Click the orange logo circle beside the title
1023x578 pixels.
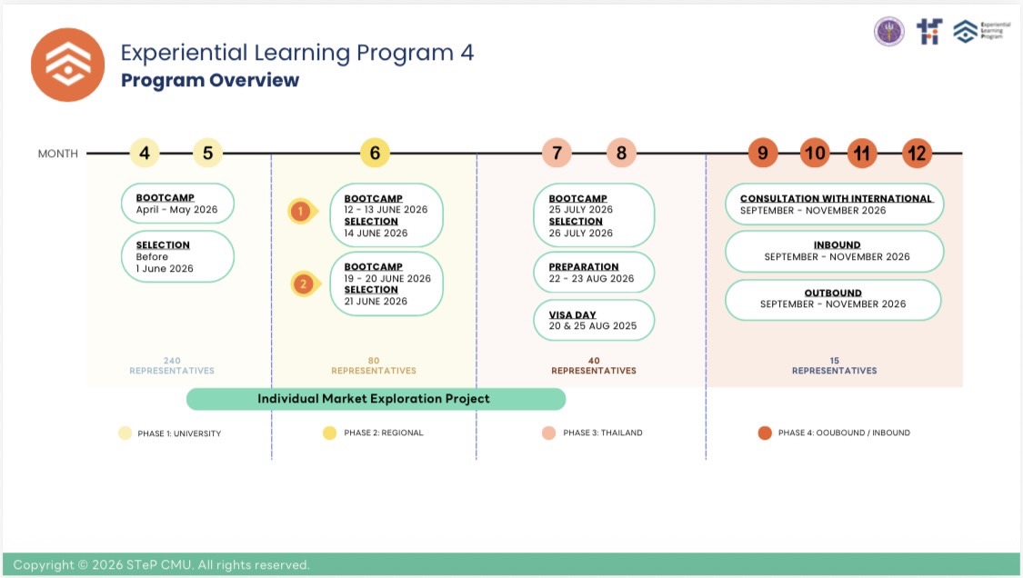coord(68,65)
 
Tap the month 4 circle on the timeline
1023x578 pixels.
coord(145,154)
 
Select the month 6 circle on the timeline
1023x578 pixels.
coord(375,154)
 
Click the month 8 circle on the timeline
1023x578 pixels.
coord(621,154)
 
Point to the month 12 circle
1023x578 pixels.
coord(917,154)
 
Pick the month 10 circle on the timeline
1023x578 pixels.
coord(815,154)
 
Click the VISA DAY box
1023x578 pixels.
coord(594,320)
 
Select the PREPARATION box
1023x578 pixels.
coord(594,273)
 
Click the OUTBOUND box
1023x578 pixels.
coord(833,299)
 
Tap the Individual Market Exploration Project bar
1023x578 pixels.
coord(375,399)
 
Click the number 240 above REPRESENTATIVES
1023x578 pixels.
coord(172,361)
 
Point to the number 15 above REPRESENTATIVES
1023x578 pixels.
coord(834,361)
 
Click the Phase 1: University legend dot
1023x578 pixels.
coord(125,433)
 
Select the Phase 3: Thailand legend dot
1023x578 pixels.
coord(549,433)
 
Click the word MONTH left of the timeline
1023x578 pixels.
coord(58,154)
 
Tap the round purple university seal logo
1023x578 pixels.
coord(888,32)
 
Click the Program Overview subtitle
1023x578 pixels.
coord(210,80)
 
